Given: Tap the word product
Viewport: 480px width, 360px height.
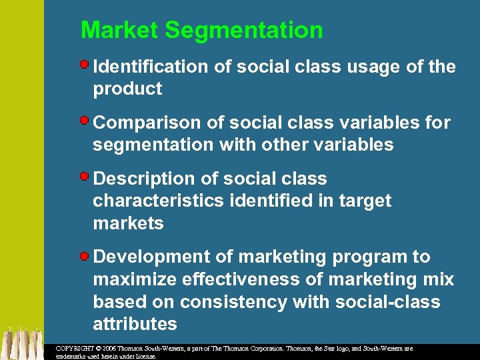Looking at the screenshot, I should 127,89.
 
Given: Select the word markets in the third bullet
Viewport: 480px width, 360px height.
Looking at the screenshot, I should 128,223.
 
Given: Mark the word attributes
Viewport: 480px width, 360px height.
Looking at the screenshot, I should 135,325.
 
